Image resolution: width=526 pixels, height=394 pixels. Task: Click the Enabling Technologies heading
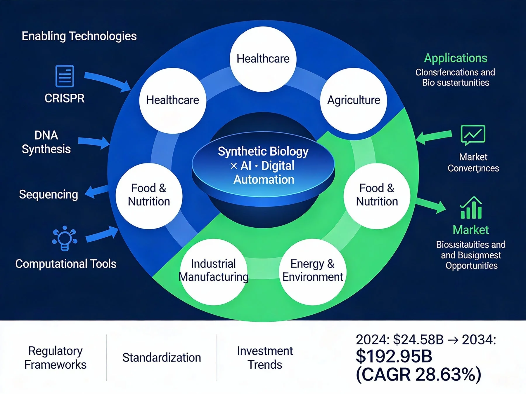coord(79,36)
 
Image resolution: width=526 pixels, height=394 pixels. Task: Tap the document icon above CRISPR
coord(65,76)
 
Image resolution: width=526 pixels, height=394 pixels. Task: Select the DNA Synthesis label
coord(46,142)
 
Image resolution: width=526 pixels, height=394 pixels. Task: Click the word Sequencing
coord(49,194)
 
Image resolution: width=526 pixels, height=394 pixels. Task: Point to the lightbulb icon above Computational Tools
coord(65,238)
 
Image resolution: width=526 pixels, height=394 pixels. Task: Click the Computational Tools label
coord(66,264)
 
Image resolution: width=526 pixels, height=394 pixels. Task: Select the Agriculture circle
coord(354,100)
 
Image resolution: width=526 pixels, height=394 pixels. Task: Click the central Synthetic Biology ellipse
coord(263,165)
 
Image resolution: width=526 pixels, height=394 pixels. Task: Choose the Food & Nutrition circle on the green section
coord(377,196)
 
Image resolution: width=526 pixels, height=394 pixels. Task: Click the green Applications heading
coord(455,58)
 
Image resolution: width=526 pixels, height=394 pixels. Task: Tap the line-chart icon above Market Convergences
coord(473,135)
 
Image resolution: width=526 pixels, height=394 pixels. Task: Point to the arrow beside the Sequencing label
coord(96,192)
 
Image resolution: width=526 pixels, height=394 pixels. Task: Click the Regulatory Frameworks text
coord(56,358)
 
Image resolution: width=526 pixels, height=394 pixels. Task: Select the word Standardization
coord(162,358)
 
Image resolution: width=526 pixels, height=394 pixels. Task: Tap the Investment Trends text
coord(265,358)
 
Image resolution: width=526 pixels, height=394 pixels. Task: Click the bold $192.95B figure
coord(394,356)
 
